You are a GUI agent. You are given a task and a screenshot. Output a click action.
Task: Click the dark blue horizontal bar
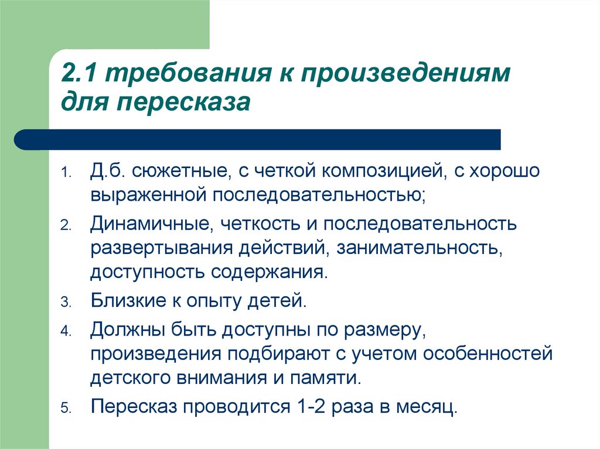pos(257,139)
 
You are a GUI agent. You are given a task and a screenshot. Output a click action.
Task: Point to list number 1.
pos(66,172)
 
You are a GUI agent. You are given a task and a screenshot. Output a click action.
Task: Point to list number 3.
pos(66,302)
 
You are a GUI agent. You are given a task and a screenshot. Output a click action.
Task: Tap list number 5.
pos(66,408)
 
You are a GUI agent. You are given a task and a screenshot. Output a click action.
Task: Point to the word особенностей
pos(488,354)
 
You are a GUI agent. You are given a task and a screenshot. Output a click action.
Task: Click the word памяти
pos(325,379)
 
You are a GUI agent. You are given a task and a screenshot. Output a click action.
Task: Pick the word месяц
pos(427,407)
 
